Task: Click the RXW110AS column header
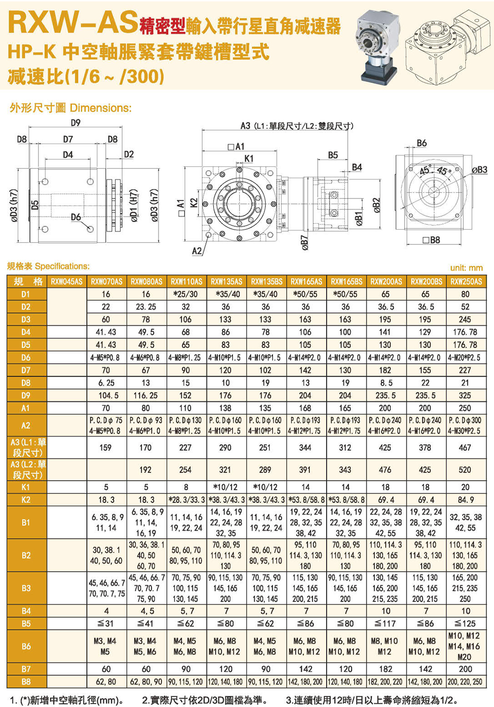[186, 281]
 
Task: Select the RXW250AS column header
[466, 281]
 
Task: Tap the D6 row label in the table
[26, 357]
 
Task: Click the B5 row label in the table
[26, 624]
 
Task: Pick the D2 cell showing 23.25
[146, 307]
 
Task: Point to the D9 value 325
[465, 395]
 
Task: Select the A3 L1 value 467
[465, 448]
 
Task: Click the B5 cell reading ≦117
[385, 624]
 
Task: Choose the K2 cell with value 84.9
[465, 500]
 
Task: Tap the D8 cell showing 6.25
[106, 383]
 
